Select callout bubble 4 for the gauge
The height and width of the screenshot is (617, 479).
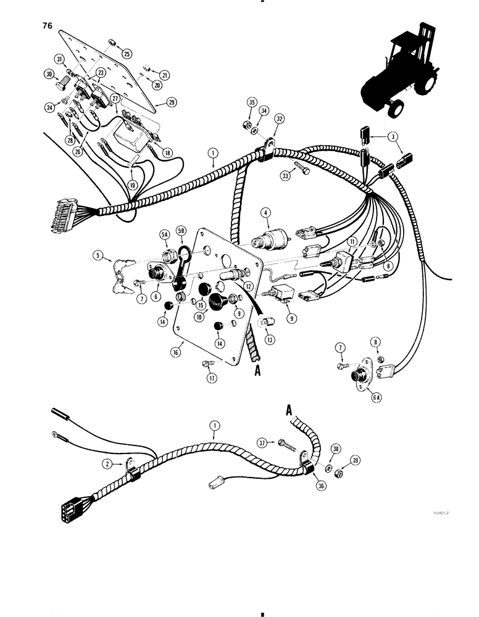267,214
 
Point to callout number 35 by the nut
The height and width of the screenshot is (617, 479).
251,102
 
